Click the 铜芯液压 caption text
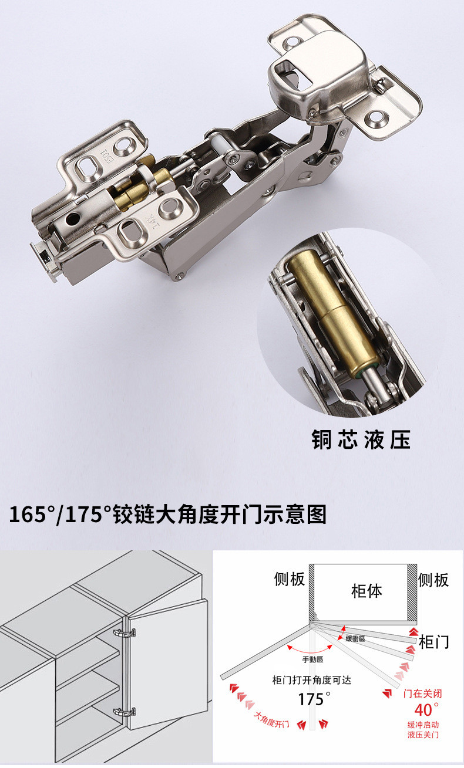[361, 439]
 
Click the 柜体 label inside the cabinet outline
[366, 590]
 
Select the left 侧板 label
[290, 579]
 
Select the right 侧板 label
[433, 580]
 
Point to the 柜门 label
[434, 642]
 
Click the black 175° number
[311, 699]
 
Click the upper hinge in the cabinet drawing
[125, 633]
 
